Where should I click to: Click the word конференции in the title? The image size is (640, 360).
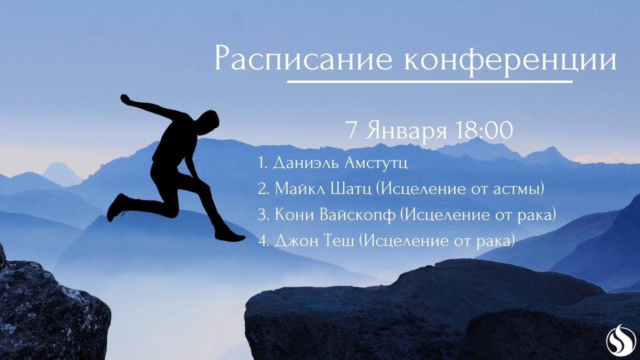pyautogui.click(x=510, y=60)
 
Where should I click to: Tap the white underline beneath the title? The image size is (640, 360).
pyautogui.click(x=429, y=81)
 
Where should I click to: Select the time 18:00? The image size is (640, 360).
pyautogui.click(x=483, y=130)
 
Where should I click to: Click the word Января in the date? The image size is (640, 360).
pyautogui.click(x=406, y=131)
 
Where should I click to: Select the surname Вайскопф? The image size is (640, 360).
pyautogui.click(x=357, y=215)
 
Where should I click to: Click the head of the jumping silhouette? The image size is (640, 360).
pyautogui.click(x=210, y=121)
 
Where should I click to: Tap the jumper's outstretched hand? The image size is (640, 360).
pyautogui.click(x=125, y=98)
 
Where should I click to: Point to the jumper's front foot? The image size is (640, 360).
pyautogui.click(x=230, y=235)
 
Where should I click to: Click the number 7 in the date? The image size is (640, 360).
pyautogui.click(x=351, y=130)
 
